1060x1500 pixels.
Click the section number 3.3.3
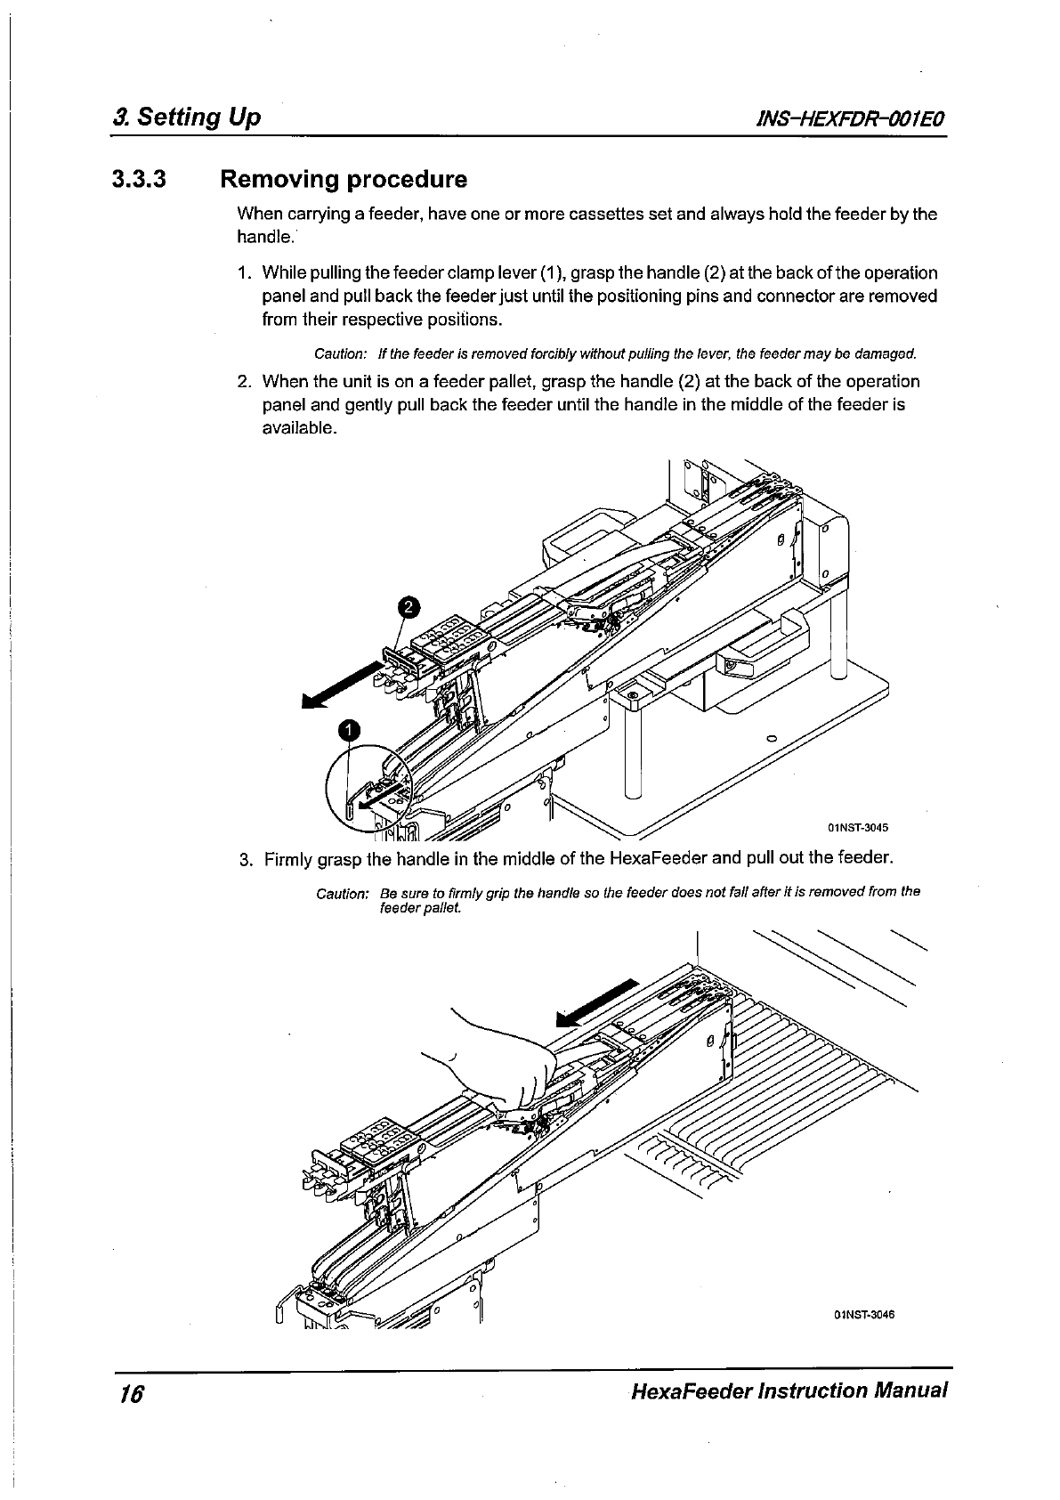coord(139,181)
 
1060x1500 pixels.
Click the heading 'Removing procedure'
coord(343,181)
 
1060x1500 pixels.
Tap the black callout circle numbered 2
coord(407,607)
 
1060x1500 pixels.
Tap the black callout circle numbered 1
coord(351,730)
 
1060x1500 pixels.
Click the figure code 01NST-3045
coord(858,827)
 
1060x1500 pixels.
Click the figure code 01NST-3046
coord(863,1314)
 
